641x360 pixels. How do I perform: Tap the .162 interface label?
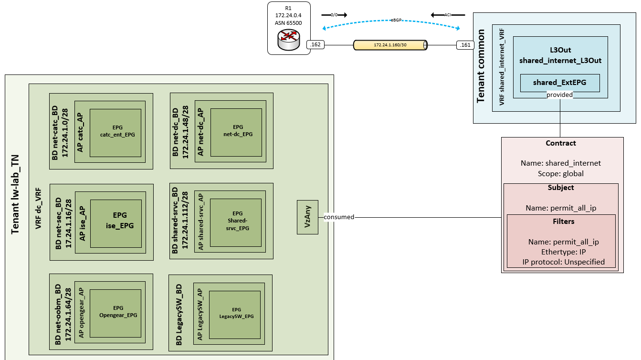(315, 45)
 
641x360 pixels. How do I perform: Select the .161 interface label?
(464, 45)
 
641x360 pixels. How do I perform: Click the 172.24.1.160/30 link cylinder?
(390, 45)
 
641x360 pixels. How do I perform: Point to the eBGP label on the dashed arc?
(396, 20)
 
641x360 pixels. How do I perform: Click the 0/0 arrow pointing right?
(334, 15)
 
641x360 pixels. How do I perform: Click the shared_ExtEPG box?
(560, 83)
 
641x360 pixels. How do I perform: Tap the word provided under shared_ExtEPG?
(559, 95)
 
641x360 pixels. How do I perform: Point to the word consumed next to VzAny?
(339, 217)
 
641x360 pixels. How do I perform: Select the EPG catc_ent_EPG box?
(116, 132)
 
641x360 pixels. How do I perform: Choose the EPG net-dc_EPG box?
(236, 132)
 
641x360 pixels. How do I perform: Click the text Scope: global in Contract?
(561, 174)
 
